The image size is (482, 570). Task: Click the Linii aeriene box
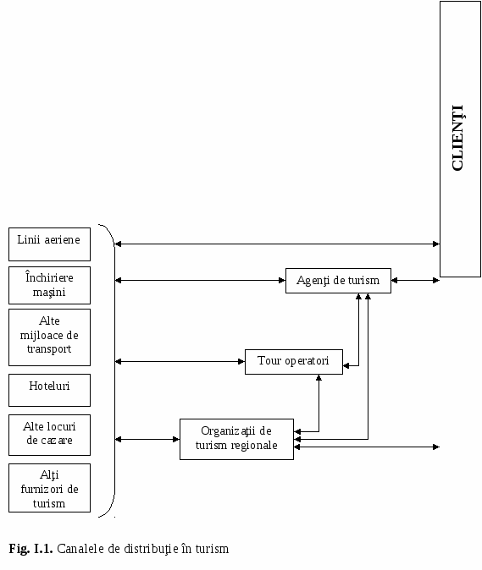(49, 244)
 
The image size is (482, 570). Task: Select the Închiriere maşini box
(49, 285)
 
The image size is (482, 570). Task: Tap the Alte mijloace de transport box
(49, 337)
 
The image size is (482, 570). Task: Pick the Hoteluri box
(49, 390)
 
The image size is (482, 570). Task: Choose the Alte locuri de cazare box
(49, 435)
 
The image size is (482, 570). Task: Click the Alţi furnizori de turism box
(49, 488)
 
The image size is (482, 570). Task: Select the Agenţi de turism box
(338, 281)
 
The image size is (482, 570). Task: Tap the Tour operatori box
(294, 362)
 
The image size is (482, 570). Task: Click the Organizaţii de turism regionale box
(236, 439)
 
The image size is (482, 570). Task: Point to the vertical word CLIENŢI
(457, 138)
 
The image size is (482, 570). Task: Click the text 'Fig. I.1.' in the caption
(31, 549)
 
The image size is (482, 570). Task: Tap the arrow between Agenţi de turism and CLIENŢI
(415, 280)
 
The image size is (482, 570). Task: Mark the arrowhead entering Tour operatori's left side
(241, 361)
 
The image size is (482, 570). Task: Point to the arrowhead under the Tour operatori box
(319, 378)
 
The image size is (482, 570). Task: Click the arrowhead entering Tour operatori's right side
(346, 365)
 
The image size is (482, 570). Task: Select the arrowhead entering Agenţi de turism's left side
(282, 280)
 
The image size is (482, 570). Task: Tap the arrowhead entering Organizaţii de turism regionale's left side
(176, 439)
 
